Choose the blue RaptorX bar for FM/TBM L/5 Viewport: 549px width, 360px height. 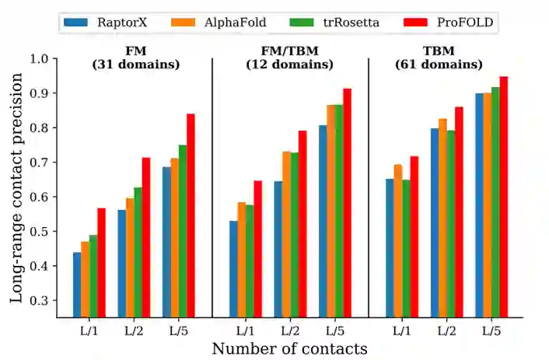[x=323, y=221]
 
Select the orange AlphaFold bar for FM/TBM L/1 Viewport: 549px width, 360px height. [x=241, y=260]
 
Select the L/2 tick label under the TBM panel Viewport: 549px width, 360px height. [x=446, y=330]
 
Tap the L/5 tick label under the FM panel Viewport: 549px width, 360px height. [x=179, y=330]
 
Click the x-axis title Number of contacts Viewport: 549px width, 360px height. [x=289, y=348]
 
